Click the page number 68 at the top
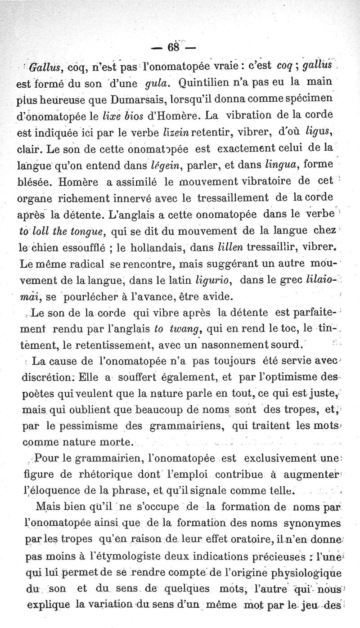pos(172,47)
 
